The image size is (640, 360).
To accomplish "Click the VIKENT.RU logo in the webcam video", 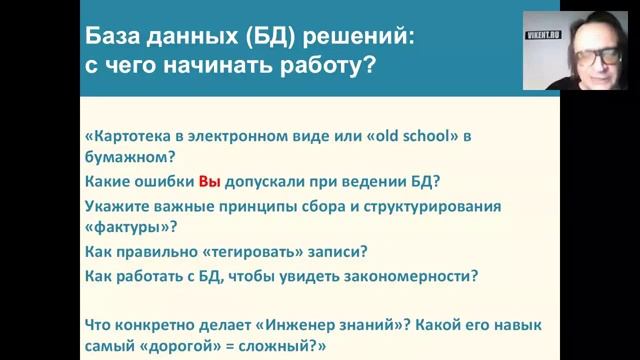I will (547, 32).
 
